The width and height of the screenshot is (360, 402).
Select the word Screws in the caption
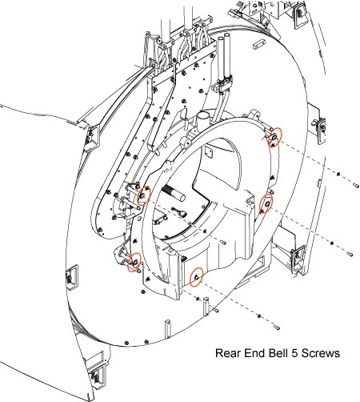[x=321, y=353]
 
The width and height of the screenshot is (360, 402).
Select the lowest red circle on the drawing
[x=196, y=277]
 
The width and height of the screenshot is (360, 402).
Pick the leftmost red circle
[x=134, y=262]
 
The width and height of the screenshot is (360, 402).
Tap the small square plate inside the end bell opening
[x=209, y=152]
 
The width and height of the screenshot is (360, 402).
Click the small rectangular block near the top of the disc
[x=258, y=44]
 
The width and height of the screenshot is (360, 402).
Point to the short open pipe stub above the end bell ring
[x=203, y=119]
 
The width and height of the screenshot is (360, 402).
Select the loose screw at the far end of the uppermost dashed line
[x=356, y=185]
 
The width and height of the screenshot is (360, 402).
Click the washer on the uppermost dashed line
[x=338, y=175]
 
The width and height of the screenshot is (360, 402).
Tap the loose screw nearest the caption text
[x=277, y=327]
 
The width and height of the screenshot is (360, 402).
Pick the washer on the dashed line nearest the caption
[x=259, y=316]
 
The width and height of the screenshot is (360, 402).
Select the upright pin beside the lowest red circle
[x=206, y=306]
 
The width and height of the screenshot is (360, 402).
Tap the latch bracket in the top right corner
[x=299, y=15]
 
